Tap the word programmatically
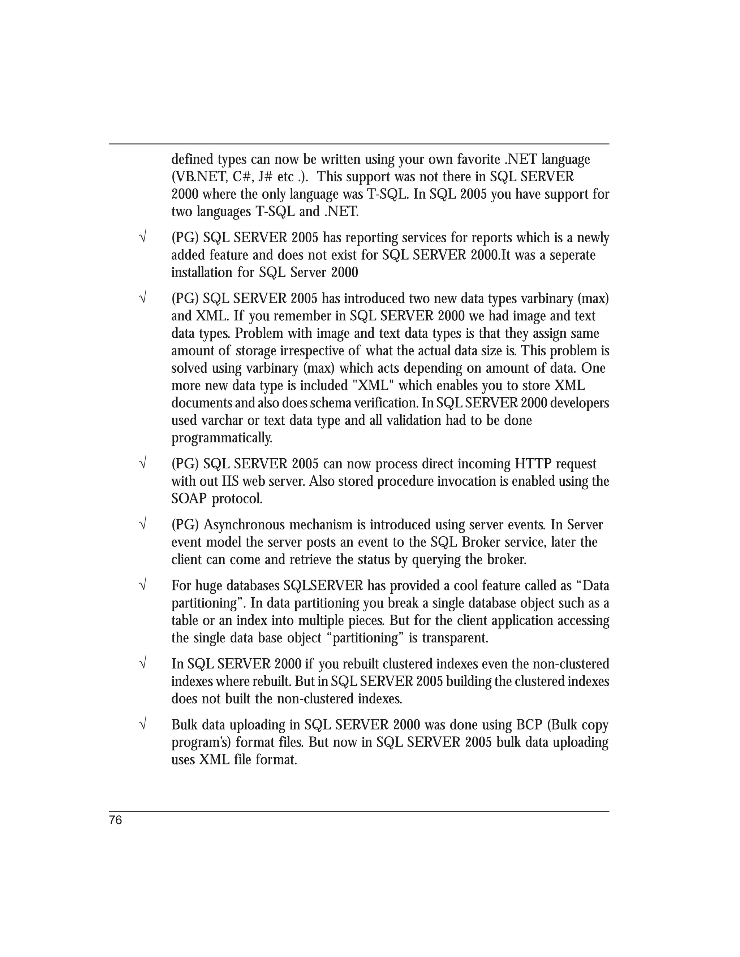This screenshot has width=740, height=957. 222,438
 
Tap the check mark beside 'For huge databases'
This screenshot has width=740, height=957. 142,585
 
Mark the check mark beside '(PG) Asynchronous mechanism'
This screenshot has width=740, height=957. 142,524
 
